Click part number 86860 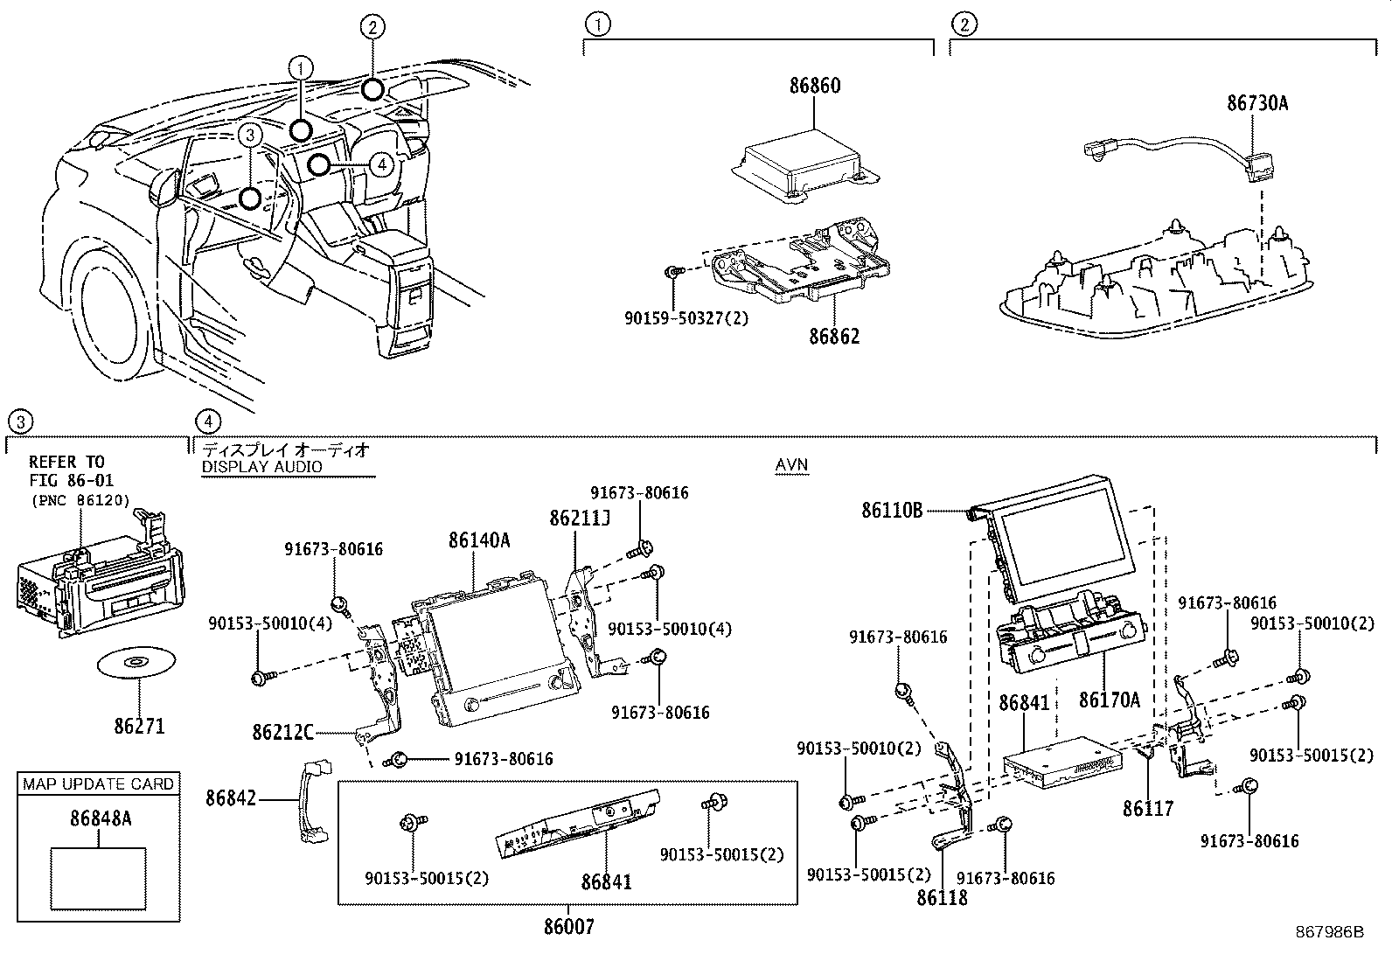(x=814, y=86)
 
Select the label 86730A (x=1257, y=103)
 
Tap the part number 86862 (x=833, y=337)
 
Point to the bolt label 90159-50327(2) (x=686, y=319)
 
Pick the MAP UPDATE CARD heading (x=98, y=783)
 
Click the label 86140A (x=478, y=540)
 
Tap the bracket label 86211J (x=580, y=519)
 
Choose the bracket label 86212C (x=282, y=732)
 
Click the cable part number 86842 (x=232, y=797)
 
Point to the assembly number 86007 (x=568, y=927)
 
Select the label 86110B (x=892, y=510)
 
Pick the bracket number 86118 (x=942, y=897)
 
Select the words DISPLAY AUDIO (x=261, y=467)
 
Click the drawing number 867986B (x=1329, y=933)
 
